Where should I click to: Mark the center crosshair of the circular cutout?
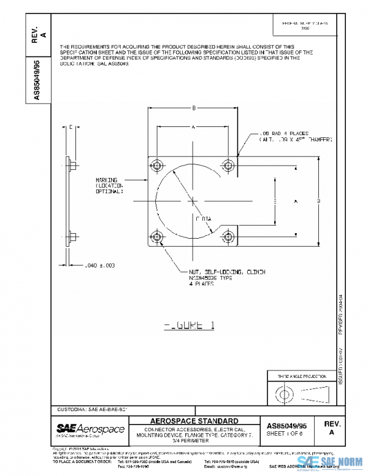point(193,200)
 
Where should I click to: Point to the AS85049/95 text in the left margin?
point(37,80)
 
